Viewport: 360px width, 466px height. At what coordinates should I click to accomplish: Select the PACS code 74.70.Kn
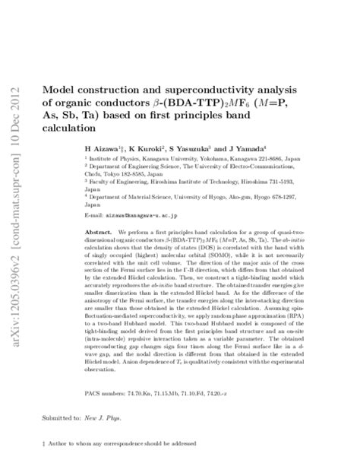(156, 395)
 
